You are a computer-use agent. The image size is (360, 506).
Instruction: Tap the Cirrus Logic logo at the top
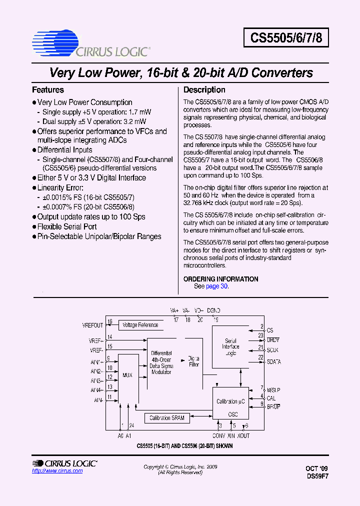(x=90, y=43)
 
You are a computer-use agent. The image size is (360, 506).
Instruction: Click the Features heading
(x=48, y=90)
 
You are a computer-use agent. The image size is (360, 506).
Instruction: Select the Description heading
(x=204, y=90)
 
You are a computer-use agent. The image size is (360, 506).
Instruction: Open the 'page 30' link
(x=216, y=286)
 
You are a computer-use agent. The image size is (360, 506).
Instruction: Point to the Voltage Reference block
(x=140, y=325)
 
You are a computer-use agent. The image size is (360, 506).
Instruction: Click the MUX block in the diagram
(x=127, y=374)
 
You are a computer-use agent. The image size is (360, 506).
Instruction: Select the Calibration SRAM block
(x=167, y=418)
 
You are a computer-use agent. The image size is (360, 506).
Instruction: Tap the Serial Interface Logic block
(x=230, y=346)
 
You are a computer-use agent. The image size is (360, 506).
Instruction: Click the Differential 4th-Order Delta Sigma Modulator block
(x=161, y=362)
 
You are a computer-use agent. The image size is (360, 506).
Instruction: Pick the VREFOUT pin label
(x=92, y=325)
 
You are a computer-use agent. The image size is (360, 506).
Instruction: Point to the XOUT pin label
(x=243, y=435)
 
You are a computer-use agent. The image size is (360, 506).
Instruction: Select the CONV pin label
(x=218, y=435)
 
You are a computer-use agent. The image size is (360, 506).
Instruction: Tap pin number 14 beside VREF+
(x=109, y=337)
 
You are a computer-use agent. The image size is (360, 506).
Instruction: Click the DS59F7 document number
(x=317, y=476)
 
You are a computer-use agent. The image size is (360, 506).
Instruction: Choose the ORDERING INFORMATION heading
(x=220, y=279)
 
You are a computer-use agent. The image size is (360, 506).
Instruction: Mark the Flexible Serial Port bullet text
(x=67, y=226)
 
